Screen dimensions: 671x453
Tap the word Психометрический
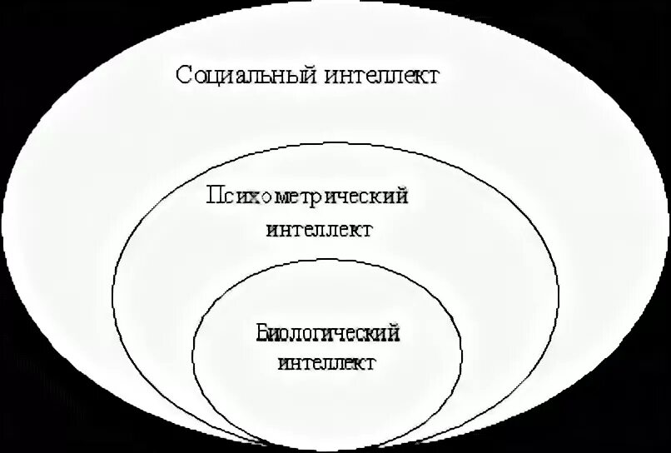(308, 197)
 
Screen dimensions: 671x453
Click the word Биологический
(328, 335)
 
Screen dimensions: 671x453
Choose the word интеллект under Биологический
(327, 364)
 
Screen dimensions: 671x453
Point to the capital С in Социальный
(185, 75)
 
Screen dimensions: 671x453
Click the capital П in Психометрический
(214, 197)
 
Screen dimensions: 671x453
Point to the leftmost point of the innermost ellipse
(192, 354)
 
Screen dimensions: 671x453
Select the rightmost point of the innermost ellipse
(463, 354)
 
